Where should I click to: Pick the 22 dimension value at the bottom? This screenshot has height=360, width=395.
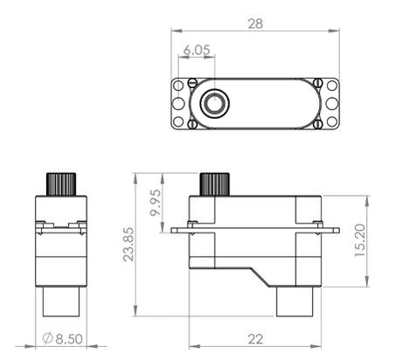[x=255, y=338]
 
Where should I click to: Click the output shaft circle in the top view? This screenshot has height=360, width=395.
[x=212, y=104]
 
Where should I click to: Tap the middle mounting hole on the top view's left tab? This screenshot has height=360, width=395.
[x=177, y=104]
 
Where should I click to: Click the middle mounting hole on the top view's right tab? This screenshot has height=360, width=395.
[x=332, y=104]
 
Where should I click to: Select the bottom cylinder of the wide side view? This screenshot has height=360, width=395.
[x=295, y=302]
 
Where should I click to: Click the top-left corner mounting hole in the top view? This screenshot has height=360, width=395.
[x=177, y=87]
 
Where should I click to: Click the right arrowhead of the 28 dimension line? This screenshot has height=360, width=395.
[x=335, y=31]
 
